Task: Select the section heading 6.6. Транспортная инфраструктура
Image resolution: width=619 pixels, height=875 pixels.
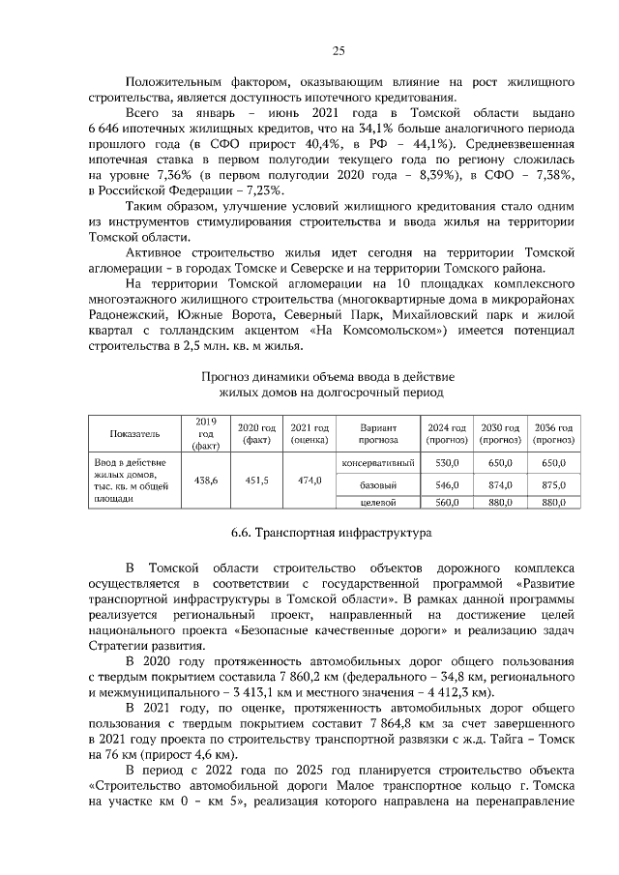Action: [x=321, y=533]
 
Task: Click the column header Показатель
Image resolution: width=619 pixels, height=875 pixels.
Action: [x=134, y=432]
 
